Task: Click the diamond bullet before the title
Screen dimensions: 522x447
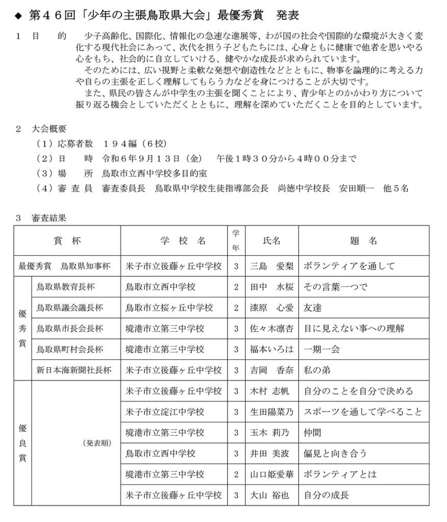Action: pyautogui.click(x=19, y=16)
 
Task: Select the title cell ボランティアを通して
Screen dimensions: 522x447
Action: pyautogui.click(x=349, y=266)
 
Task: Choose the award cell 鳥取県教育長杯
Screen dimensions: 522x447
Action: pyautogui.click(x=63, y=286)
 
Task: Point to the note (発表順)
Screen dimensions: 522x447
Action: pyautogui.click(x=96, y=442)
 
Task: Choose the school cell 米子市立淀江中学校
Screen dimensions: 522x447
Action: pyautogui.click(x=165, y=411)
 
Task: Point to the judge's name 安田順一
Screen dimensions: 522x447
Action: pyautogui.click(x=356, y=188)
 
